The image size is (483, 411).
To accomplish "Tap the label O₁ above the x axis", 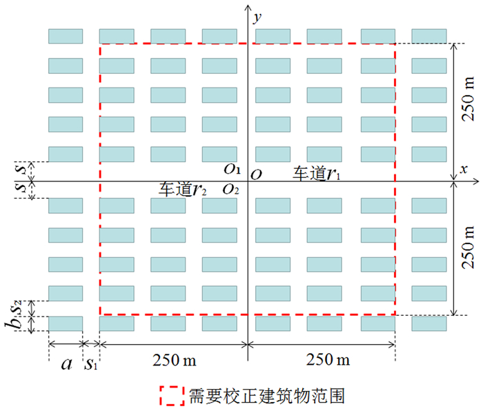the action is pyautogui.click(x=232, y=168).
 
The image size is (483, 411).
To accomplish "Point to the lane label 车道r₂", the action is pyautogui.click(x=184, y=189).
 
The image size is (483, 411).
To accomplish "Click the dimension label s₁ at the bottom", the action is pyautogui.click(x=90, y=364).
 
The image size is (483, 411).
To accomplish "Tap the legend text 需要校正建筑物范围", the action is pyautogui.click(x=265, y=396).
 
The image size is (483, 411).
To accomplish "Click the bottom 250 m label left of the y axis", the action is pyautogui.click(x=172, y=359).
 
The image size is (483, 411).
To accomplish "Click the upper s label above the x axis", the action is pyautogui.click(x=21, y=168).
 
